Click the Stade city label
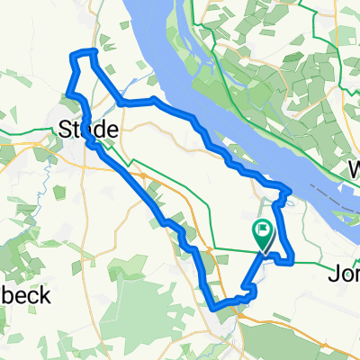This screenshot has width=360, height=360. coord(88,130)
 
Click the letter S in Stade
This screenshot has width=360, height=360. coord(66,130)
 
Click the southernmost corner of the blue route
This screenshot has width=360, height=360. coord(216,308)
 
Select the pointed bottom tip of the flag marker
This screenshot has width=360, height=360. coord(263,250)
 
